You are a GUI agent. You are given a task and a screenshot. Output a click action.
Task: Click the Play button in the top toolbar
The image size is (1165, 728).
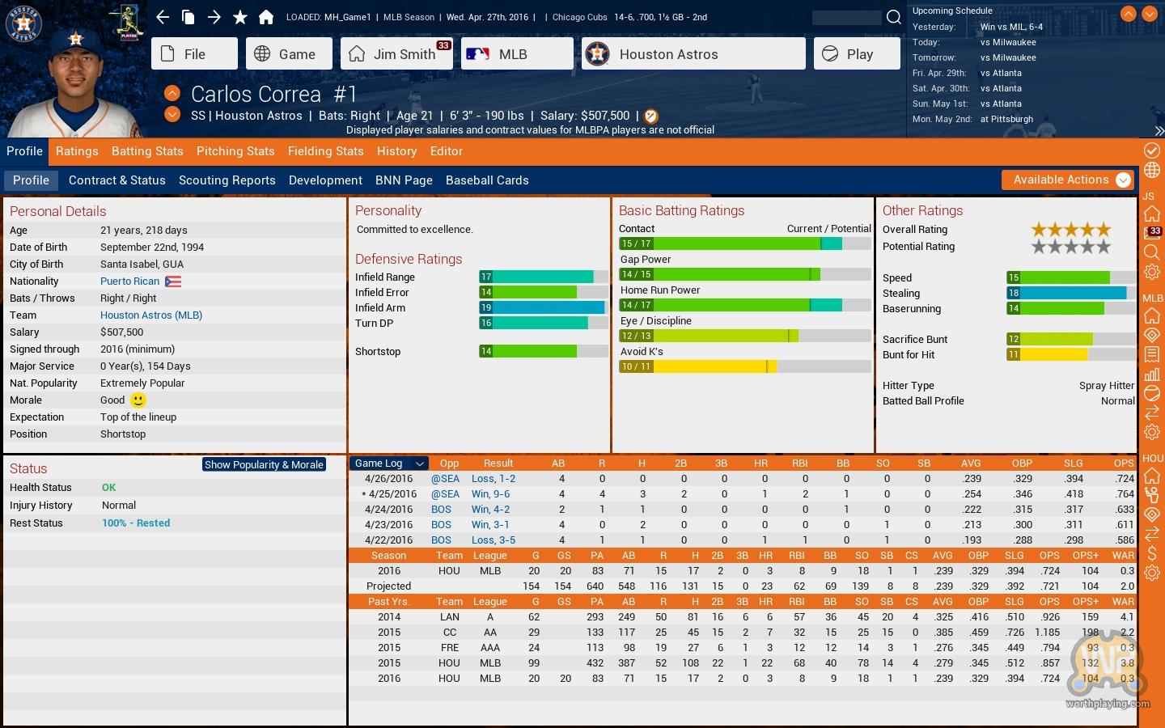tap(856, 54)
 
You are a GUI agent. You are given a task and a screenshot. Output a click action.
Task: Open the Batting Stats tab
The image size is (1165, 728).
tap(147, 151)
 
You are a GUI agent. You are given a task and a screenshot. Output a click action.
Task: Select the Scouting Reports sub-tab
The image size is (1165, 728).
tap(227, 180)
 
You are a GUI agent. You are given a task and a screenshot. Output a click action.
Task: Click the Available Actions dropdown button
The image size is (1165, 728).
tap(1067, 180)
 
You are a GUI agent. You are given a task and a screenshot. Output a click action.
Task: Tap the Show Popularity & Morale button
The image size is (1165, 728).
tap(264, 464)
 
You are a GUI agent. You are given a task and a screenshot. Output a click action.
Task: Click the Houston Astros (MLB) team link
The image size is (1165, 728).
tap(151, 315)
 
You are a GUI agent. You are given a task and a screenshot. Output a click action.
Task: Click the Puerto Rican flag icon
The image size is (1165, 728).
tap(173, 281)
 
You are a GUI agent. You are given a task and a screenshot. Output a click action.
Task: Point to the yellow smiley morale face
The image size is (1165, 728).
tap(138, 400)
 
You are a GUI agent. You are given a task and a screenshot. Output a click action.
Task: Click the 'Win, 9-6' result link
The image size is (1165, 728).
tap(490, 494)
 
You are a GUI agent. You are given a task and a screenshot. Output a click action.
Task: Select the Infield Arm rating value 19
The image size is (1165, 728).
tap(486, 307)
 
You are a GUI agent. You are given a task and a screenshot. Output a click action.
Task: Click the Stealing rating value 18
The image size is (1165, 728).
tap(1014, 293)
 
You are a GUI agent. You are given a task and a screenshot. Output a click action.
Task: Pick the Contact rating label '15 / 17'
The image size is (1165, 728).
tap(636, 243)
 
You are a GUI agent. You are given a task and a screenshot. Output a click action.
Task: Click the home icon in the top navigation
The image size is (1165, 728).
tap(266, 17)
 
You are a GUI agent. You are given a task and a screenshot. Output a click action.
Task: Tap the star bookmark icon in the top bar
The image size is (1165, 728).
tap(240, 17)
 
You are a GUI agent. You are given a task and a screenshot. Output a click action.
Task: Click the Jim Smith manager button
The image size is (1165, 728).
tap(396, 54)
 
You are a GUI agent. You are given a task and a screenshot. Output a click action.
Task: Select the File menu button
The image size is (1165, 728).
tap(194, 54)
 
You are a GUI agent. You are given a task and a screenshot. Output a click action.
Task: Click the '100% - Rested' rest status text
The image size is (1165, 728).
tap(136, 523)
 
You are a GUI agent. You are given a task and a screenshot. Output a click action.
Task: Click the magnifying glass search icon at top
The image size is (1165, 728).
tap(893, 17)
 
